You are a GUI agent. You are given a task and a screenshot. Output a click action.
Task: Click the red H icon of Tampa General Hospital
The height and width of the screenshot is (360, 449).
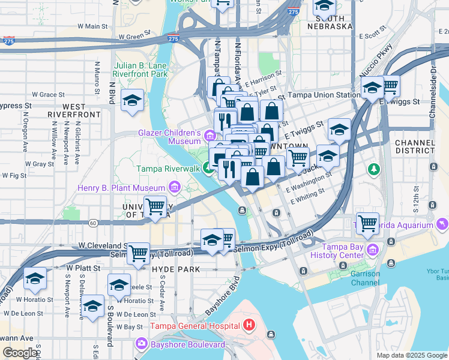pyautogui.click(x=250, y=326)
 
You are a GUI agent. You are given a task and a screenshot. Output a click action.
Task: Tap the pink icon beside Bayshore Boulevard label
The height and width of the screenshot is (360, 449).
pyautogui.click(x=142, y=344)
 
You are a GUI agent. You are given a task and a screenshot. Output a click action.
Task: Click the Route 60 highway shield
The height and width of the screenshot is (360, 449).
pyautogui.click(x=93, y=223)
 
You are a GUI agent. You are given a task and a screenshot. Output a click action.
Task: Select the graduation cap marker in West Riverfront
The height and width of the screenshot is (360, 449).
pyautogui.click(x=132, y=100)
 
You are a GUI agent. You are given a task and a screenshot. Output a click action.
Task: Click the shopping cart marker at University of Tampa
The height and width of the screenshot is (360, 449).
pyautogui.click(x=156, y=208)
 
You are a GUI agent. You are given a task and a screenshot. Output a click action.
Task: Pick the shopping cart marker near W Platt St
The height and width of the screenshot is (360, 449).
pyautogui.click(x=139, y=253)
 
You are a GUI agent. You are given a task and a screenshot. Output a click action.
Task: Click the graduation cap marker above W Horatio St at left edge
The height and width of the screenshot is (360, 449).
pyautogui.click(x=35, y=279)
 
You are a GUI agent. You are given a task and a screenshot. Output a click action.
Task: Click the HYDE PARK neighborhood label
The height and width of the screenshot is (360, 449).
pyautogui.click(x=176, y=269)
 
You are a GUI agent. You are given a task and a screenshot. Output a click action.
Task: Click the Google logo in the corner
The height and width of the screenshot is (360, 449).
pyautogui.click(x=20, y=353)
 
